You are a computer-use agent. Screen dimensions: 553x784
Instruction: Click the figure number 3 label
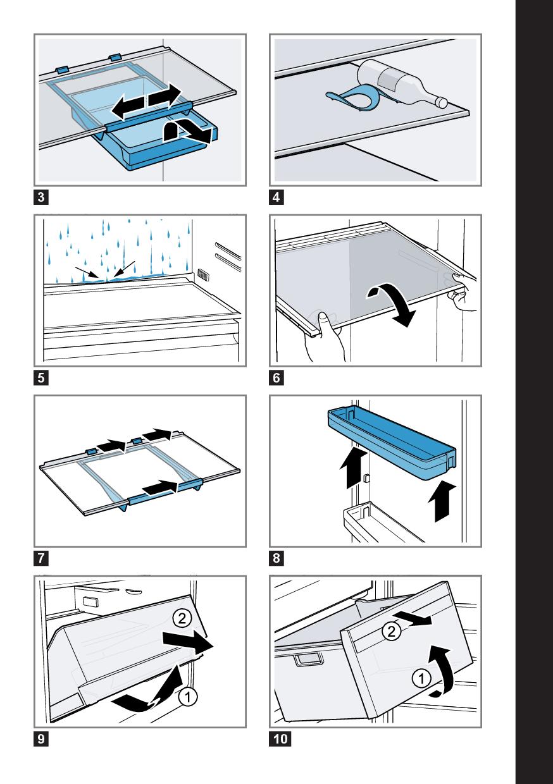coord(41,197)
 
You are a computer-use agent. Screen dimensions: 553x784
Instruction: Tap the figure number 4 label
coord(276,197)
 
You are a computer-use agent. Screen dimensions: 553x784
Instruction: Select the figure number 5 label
coord(41,378)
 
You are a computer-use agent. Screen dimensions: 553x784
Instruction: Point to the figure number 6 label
coord(276,378)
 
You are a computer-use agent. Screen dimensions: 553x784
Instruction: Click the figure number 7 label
coord(41,558)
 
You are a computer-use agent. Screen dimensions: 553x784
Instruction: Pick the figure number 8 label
coord(276,558)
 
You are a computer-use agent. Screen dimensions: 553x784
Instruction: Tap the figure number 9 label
coord(41,739)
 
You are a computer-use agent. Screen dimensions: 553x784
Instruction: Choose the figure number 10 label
coord(280,739)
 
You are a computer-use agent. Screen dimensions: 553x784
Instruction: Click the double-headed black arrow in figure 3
coord(146,101)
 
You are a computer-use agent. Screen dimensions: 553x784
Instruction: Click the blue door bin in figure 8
coord(392,440)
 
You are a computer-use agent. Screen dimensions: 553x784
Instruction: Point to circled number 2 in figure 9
coord(182,619)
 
